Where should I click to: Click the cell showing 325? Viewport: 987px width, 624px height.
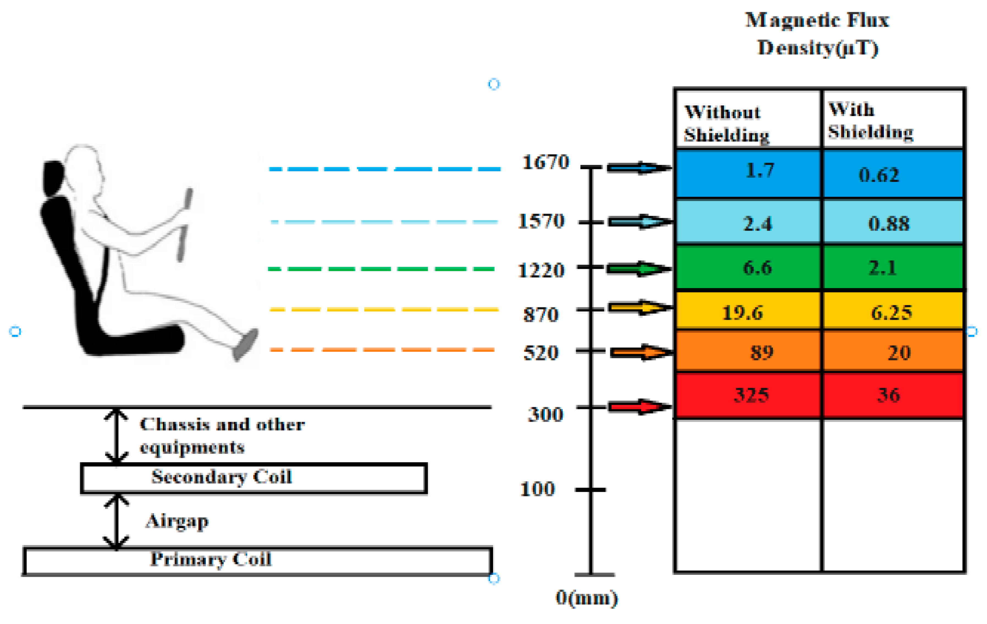pos(751,395)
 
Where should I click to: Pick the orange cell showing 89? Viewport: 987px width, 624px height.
pos(761,352)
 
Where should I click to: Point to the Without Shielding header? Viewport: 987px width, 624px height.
pos(726,123)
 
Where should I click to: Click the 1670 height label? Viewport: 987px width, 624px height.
pos(545,162)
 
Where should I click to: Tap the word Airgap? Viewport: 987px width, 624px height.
pos(177,521)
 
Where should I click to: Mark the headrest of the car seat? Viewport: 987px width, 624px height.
pos(53,178)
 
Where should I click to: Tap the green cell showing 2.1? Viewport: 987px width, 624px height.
pos(882,268)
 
